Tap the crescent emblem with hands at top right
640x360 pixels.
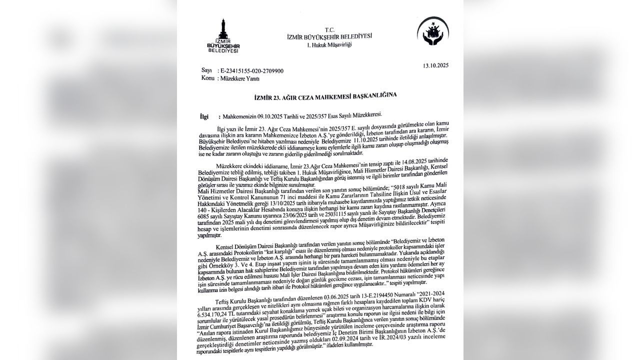point(432,33)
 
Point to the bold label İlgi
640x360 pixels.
point(204,116)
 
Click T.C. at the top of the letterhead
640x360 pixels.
point(329,29)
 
